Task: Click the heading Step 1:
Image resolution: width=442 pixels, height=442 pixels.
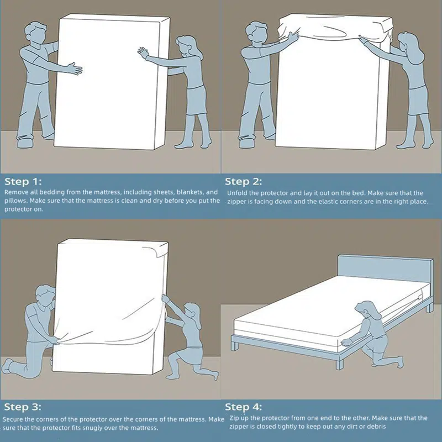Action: [23, 182]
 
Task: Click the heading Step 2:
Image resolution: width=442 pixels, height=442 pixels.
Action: [243, 182]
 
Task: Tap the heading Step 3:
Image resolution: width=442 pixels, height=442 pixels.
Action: [23, 407]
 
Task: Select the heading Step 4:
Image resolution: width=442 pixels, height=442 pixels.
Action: [243, 407]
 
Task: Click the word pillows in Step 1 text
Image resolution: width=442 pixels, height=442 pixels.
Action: [15, 201]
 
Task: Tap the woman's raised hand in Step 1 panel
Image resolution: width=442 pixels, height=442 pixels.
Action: [143, 52]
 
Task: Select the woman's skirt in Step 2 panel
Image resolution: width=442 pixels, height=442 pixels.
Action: [418, 101]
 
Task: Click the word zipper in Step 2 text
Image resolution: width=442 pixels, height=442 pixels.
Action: [236, 202]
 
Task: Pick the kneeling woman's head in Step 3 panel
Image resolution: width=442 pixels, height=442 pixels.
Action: [192, 312]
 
